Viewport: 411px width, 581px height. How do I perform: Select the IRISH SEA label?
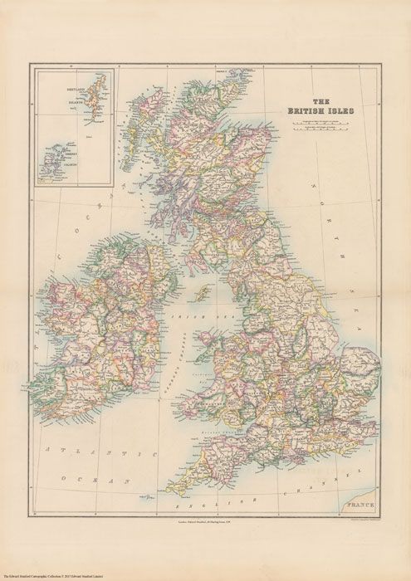pos(187,317)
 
